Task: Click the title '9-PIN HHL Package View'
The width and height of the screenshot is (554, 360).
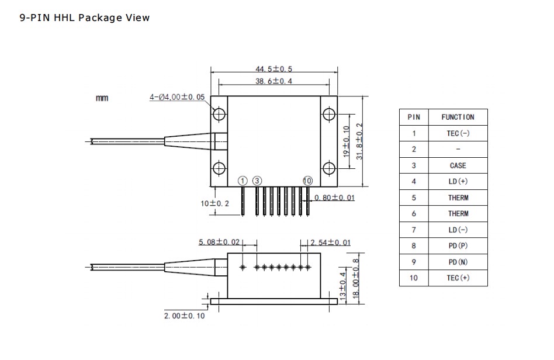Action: click(85, 18)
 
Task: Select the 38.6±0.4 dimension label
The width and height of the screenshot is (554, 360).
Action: click(273, 82)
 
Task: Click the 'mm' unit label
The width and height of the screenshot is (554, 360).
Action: click(102, 98)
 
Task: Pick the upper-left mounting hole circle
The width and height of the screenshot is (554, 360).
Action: click(219, 114)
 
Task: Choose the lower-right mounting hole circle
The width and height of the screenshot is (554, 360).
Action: click(328, 169)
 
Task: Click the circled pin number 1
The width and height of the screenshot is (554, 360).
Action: click(243, 180)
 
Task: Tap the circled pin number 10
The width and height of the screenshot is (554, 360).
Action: click(308, 180)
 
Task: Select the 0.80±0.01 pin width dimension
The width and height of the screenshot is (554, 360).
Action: click(334, 198)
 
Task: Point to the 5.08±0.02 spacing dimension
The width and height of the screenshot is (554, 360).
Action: click(219, 242)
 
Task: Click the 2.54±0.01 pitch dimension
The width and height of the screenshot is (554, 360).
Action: click(331, 242)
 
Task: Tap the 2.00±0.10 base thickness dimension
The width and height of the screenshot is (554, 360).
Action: click(184, 316)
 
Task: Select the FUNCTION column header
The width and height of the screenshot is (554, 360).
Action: click(458, 117)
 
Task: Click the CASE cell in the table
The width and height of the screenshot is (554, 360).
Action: click(458, 165)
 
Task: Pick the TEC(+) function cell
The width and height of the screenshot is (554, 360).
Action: click(458, 278)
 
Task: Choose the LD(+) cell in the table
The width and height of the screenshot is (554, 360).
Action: click(458, 181)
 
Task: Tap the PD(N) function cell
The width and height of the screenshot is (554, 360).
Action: click(458, 262)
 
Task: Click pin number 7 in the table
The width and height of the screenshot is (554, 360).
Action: click(414, 230)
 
